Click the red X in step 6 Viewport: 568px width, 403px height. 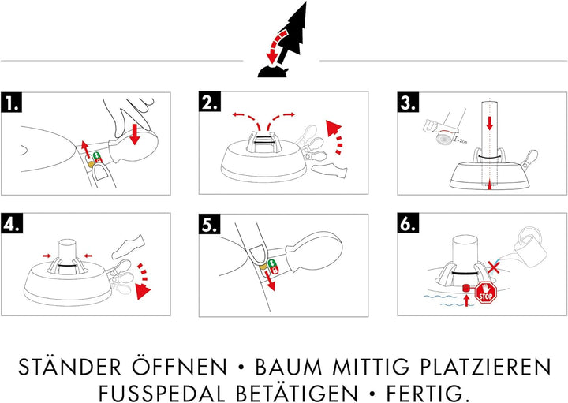494,269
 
